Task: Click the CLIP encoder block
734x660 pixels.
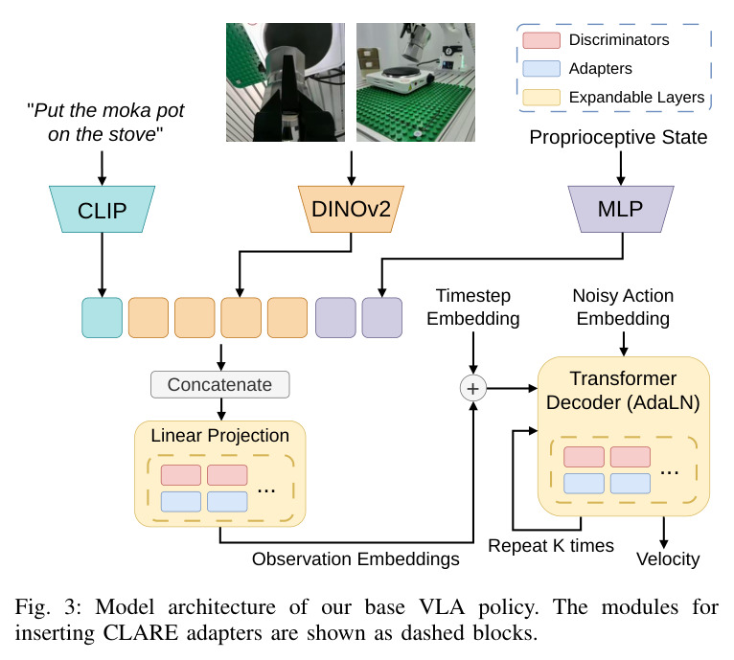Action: pyautogui.click(x=102, y=209)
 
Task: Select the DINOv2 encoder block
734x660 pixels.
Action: pyautogui.click(x=351, y=209)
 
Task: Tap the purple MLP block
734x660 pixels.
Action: pyautogui.click(x=621, y=209)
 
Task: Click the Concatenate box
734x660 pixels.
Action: pyautogui.click(x=220, y=385)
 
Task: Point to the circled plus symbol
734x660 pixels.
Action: pyautogui.click(x=473, y=389)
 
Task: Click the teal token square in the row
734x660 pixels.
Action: pyautogui.click(x=102, y=317)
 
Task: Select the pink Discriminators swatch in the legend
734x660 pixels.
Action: pyautogui.click(x=541, y=40)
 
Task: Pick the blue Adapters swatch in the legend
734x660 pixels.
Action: pyautogui.click(x=541, y=69)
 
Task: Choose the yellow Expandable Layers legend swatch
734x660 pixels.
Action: pyautogui.click(x=541, y=98)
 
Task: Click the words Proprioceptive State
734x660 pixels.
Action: pyautogui.click(x=618, y=137)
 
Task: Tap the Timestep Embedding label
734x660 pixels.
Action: pyautogui.click(x=473, y=307)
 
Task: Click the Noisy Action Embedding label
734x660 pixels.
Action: pyautogui.click(x=623, y=307)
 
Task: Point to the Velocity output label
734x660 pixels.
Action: pyautogui.click(x=668, y=558)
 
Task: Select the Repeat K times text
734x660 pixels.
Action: pyautogui.click(x=551, y=546)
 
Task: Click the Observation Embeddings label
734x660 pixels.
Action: pyautogui.click(x=356, y=558)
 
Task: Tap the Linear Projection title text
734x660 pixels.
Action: pyautogui.click(x=220, y=435)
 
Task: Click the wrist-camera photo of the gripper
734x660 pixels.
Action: pyautogui.click(x=286, y=82)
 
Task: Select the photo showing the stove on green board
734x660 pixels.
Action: pyautogui.click(x=416, y=82)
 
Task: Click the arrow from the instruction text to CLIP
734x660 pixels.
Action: pyautogui.click(x=102, y=169)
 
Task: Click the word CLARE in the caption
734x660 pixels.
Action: pyautogui.click(x=141, y=633)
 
